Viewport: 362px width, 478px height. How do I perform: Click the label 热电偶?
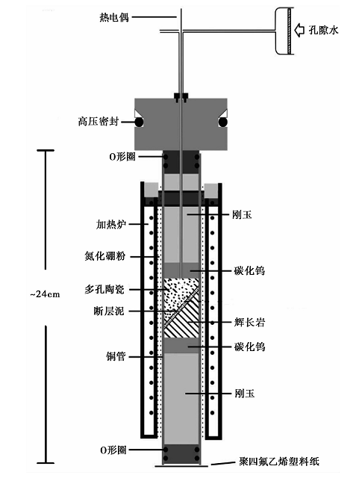(x=114, y=17)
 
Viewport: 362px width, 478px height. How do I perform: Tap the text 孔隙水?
(x=324, y=30)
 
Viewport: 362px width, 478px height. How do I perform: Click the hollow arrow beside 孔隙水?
(x=299, y=30)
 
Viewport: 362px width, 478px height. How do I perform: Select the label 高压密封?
(x=98, y=122)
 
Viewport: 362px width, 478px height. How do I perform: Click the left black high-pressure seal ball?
(x=139, y=122)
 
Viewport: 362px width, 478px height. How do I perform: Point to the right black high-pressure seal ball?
(x=223, y=122)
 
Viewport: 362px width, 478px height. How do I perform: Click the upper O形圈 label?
(x=122, y=157)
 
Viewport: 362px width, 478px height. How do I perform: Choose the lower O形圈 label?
(x=113, y=450)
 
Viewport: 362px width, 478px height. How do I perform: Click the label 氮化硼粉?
(x=104, y=256)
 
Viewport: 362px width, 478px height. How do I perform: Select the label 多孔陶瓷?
(x=104, y=289)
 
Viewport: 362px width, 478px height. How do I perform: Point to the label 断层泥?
(x=109, y=311)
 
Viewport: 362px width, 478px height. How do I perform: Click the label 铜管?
(x=116, y=356)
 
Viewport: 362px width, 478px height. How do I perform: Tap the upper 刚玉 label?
(x=242, y=215)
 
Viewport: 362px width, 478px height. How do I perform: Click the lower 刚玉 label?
(x=245, y=394)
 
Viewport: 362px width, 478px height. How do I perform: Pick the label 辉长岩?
(x=249, y=322)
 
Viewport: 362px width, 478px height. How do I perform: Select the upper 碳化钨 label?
(x=249, y=270)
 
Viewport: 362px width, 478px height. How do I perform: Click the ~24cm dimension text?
(x=45, y=294)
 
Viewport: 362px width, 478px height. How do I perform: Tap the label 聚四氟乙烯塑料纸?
(x=279, y=462)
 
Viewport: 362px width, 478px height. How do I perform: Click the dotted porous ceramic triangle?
(x=177, y=293)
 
